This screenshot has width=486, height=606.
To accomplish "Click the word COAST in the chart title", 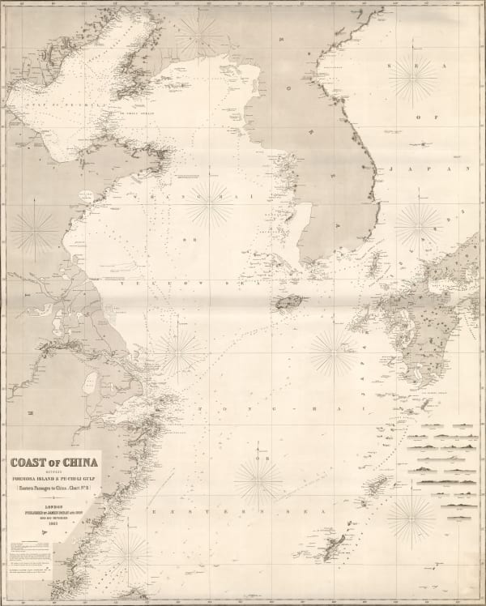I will click(28, 463).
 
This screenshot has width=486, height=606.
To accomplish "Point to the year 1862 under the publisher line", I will click(53, 523).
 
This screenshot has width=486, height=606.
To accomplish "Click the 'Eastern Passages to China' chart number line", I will click(53, 488).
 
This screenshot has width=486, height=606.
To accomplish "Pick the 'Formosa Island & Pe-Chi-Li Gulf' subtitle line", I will click(53, 477).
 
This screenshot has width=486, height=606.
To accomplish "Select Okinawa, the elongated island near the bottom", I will click(334, 547).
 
